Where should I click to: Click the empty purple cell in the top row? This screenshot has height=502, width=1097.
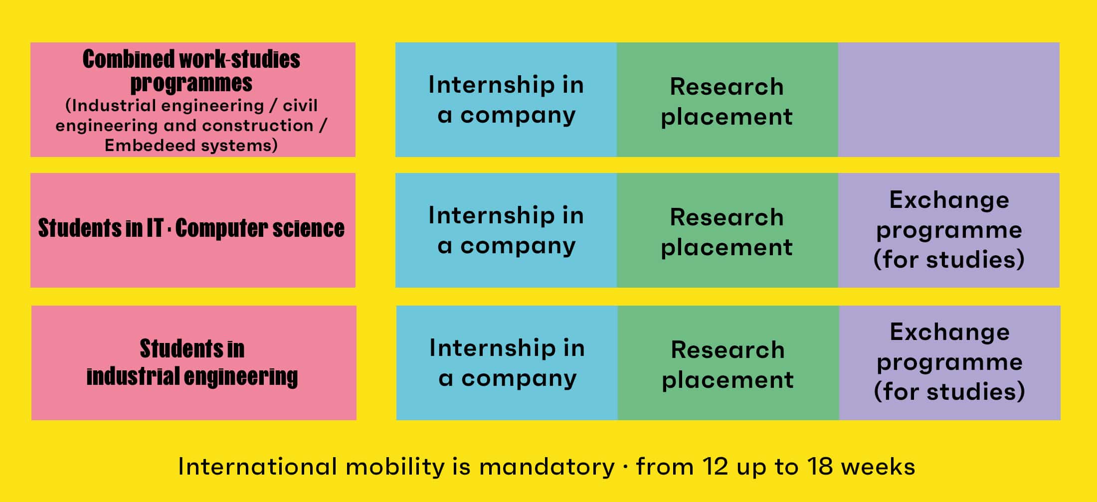click(948, 100)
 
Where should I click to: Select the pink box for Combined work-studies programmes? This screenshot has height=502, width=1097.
click(193, 100)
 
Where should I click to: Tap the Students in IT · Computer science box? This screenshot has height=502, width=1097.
click(193, 230)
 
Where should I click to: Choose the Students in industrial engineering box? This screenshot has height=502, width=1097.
click(194, 363)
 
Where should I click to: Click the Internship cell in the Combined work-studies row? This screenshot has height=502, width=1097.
click(506, 100)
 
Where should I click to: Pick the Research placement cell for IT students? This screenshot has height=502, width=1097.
click(728, 230)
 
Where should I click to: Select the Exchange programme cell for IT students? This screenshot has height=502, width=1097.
click(949, 230)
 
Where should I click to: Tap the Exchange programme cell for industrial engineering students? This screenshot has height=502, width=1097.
click(950, 363)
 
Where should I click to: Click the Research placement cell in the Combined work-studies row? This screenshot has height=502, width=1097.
click(728, 100)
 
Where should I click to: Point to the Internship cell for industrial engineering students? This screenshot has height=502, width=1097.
click(507, 363)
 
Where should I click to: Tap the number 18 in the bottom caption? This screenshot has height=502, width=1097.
click(820, 467)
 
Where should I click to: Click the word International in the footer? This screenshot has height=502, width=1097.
click(257, 467)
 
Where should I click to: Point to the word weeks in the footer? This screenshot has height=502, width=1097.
click(878, 467)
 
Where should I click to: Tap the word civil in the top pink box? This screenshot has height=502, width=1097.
click(300, 105)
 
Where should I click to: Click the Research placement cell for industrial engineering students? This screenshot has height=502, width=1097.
click(729, 363)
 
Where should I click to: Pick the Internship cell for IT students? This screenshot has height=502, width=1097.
click(506, 230)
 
